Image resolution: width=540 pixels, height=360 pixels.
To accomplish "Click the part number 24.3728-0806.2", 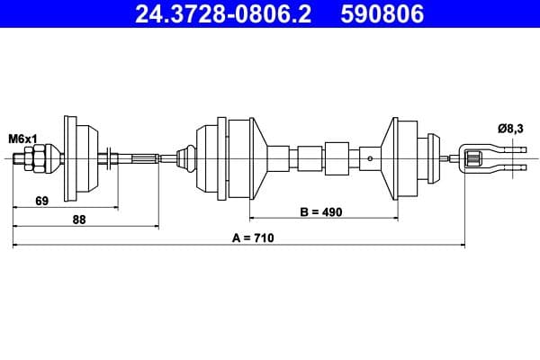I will point(221,13).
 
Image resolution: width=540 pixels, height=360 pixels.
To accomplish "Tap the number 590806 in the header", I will point(382,13).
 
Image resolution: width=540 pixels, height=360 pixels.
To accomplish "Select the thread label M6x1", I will point(22,139).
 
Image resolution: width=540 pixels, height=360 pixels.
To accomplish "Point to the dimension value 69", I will point(42,201).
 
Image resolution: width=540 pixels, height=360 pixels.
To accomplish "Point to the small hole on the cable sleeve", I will point(371,159).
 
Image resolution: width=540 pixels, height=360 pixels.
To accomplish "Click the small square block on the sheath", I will point(337,158).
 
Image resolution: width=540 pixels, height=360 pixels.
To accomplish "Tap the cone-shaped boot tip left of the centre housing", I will point(188,158).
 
